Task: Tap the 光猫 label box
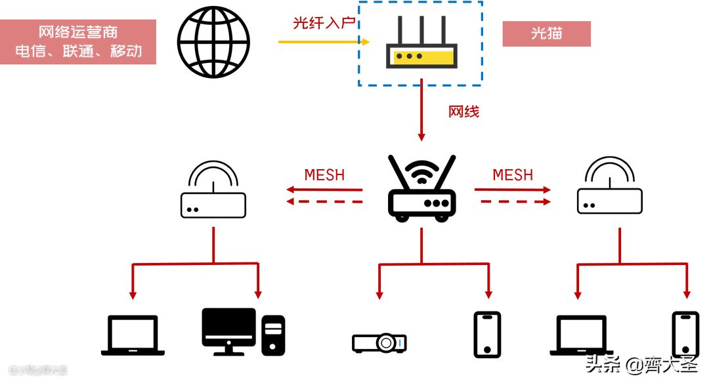tap(546, 33)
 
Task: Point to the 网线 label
tap(463, 111)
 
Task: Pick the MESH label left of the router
tap(324, 175)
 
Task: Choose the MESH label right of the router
tap(513, 175)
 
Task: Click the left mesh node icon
tap(213, 190)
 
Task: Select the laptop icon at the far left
tap(133, 335)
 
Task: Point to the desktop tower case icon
tap(273, 334)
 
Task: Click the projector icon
tap(379, 342)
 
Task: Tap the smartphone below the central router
tap(486, 334)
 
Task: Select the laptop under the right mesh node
tap(581, 335)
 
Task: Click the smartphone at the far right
tap(685, 334)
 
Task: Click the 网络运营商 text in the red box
tap(78, 32)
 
